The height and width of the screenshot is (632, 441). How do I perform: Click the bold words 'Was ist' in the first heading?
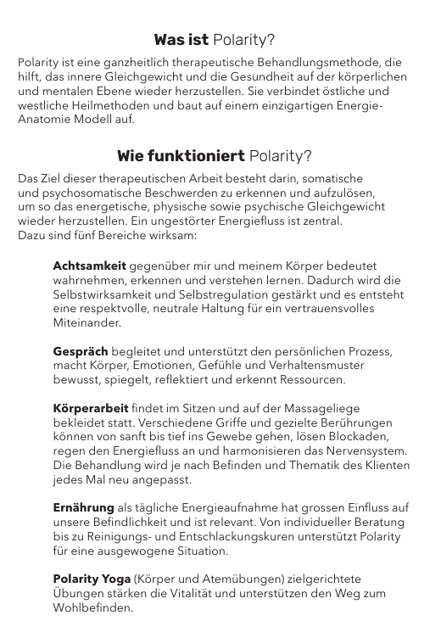(181, 40)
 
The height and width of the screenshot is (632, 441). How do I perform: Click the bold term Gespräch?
(80, 351)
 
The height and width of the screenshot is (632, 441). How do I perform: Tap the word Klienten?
(384, 467)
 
